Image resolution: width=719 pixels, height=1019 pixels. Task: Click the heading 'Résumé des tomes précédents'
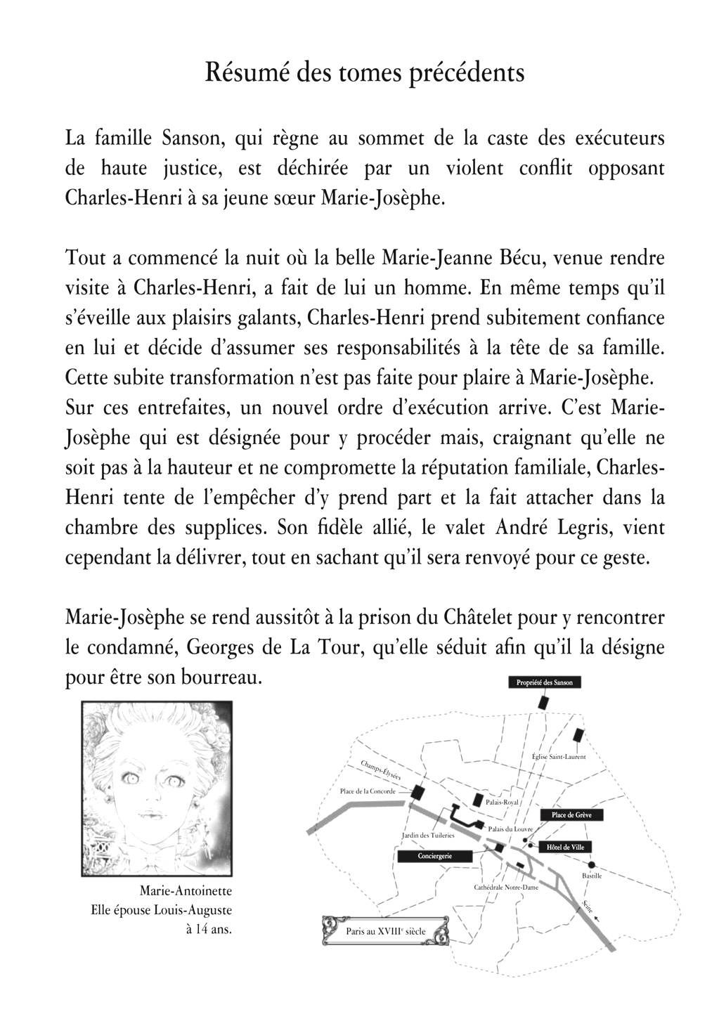[x=364, y=73]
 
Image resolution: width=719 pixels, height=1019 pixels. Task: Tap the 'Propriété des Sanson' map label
[x=544, y=682]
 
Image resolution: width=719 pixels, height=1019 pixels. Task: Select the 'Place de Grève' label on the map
[x=571, y=815]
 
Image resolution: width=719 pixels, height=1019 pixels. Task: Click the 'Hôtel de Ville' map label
[x=565, y=847]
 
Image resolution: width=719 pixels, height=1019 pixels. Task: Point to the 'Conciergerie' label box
[x=434, y=856]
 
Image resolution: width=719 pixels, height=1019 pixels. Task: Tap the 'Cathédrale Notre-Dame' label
[x=506, y=888]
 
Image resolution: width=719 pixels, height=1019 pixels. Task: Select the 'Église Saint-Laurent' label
[x=559, y=757]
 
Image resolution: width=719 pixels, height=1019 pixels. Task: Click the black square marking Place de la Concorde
[x=417, y=792]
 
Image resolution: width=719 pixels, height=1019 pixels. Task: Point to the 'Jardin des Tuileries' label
[x=428, y=836]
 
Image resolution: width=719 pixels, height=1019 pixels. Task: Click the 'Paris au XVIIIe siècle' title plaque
[x=385, y=931]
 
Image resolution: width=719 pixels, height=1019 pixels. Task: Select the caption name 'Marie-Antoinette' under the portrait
[x=186, y=891]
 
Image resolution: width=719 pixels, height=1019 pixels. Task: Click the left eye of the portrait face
[x=131, y=779]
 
